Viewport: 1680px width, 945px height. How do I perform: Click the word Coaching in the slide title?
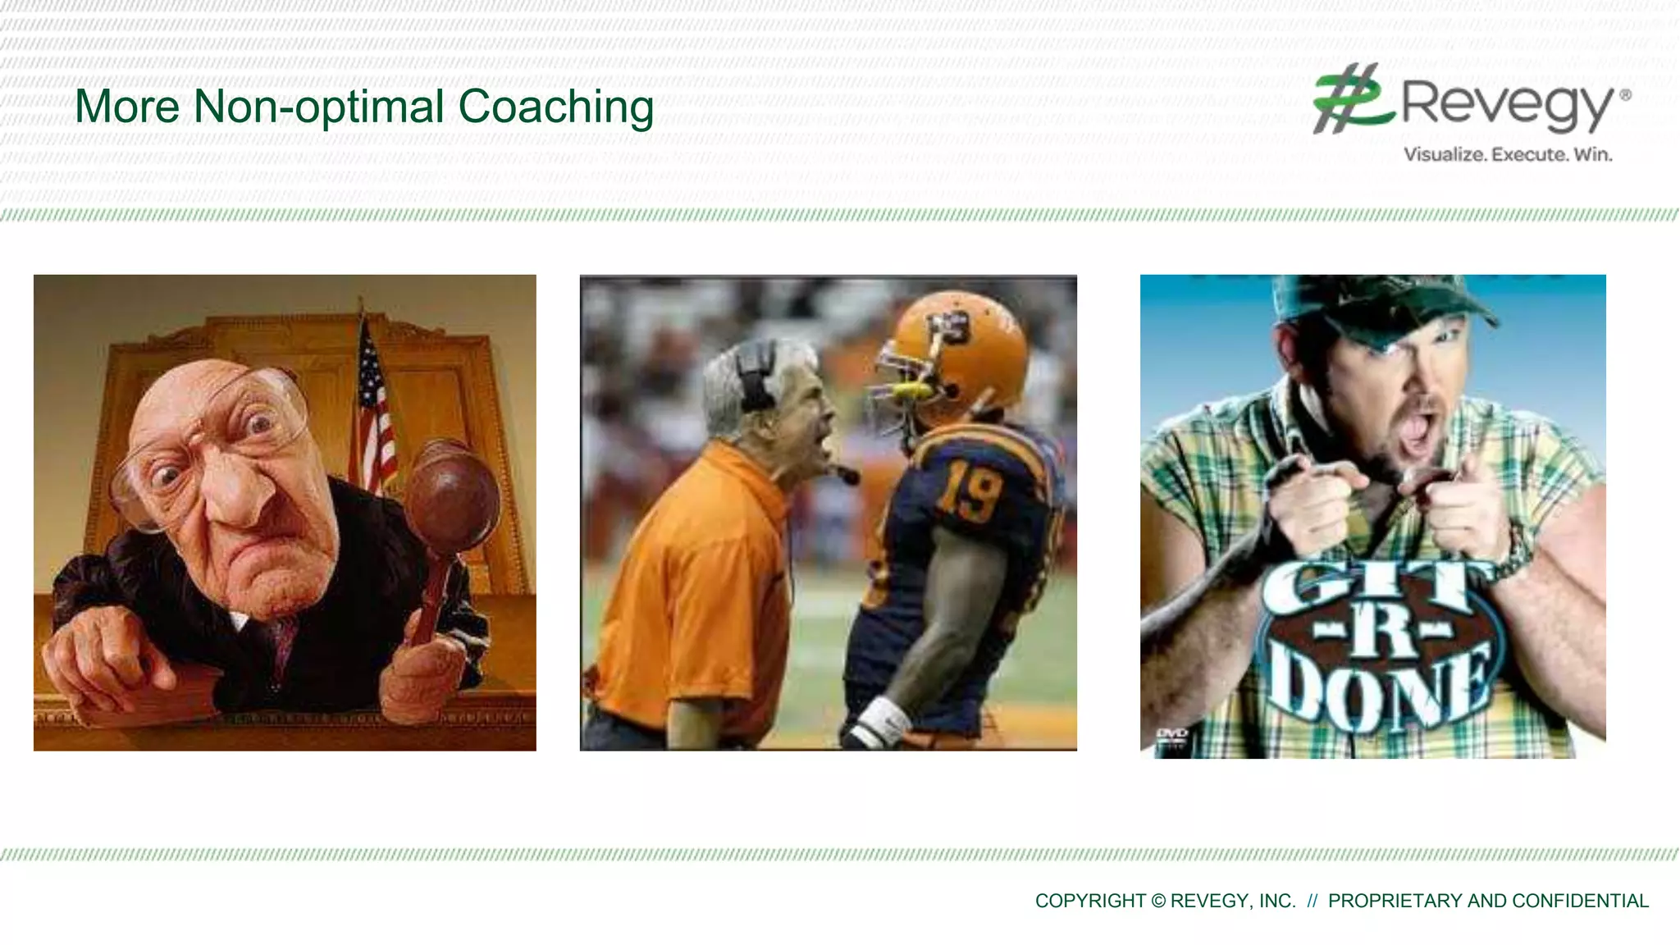555,107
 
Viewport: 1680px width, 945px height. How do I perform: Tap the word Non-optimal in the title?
319,107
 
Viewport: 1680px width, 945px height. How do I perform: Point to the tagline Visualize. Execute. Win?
1508,154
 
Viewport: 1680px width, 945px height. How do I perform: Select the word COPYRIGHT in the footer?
1090,901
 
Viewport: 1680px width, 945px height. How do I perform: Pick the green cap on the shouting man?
1386,308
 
